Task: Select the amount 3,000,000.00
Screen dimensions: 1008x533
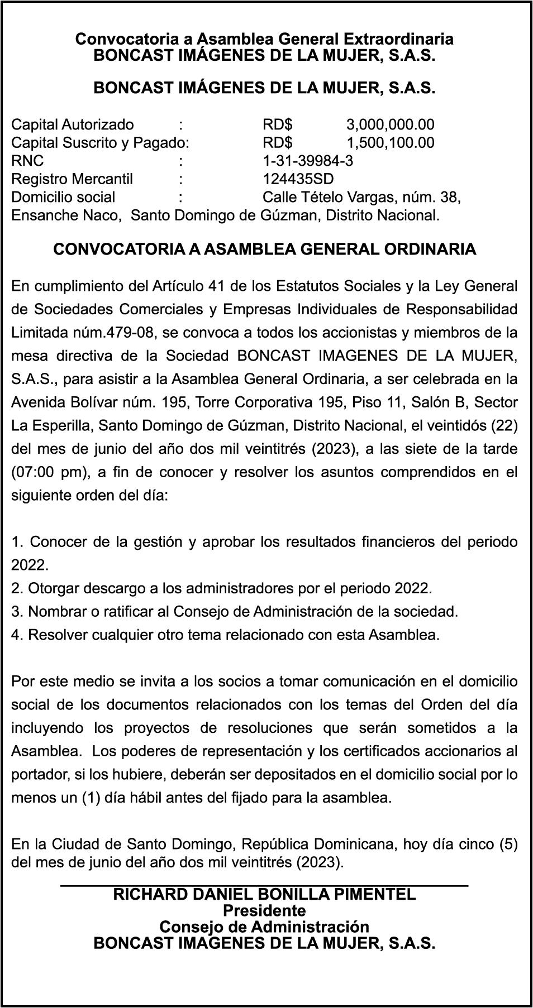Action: click(x=390, y=124)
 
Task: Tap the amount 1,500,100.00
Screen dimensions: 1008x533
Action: click(x=390, y=142)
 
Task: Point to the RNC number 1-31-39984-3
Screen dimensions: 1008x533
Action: click(x=308, y=161)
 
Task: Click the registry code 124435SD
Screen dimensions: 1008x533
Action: click(x=298, y=179)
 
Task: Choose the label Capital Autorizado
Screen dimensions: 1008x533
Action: click(x=73, y=124)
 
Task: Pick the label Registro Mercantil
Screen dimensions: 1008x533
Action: click(x=72, y=179)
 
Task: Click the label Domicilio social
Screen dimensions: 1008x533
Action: click(x=63, y=197)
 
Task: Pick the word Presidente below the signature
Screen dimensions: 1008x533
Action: click(x=264, y=911)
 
